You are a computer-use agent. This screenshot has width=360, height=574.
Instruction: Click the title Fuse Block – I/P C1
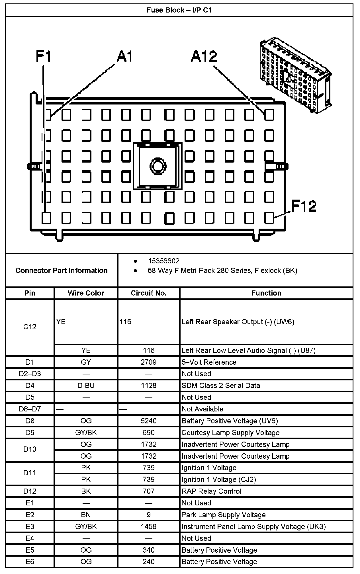point(179,11)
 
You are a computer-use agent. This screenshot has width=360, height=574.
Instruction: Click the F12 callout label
point(304,206)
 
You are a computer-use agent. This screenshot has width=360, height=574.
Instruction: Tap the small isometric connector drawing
point(295,75)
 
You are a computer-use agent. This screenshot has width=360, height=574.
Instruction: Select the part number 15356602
point(163,261)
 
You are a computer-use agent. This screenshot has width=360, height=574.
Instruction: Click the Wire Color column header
point(86,293)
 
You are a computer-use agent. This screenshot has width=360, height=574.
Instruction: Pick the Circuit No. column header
point(148,293)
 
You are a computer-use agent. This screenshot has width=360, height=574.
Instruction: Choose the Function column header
point(266,293)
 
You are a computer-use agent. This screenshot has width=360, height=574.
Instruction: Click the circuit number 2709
point(148,362)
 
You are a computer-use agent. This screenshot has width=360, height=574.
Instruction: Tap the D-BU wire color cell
point(86,386)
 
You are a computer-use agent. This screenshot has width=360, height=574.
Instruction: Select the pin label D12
point(30,491)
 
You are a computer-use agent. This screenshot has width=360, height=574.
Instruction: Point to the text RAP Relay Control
point(211,491)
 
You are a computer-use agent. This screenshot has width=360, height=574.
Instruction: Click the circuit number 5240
point(148,421)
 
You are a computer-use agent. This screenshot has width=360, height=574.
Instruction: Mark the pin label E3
point(30,526)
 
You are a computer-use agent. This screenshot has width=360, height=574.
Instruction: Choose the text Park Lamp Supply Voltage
point(224,515)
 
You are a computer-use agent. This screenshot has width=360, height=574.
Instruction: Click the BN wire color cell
point(86,515)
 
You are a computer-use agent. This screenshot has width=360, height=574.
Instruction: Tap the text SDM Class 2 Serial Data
point(221,386)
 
